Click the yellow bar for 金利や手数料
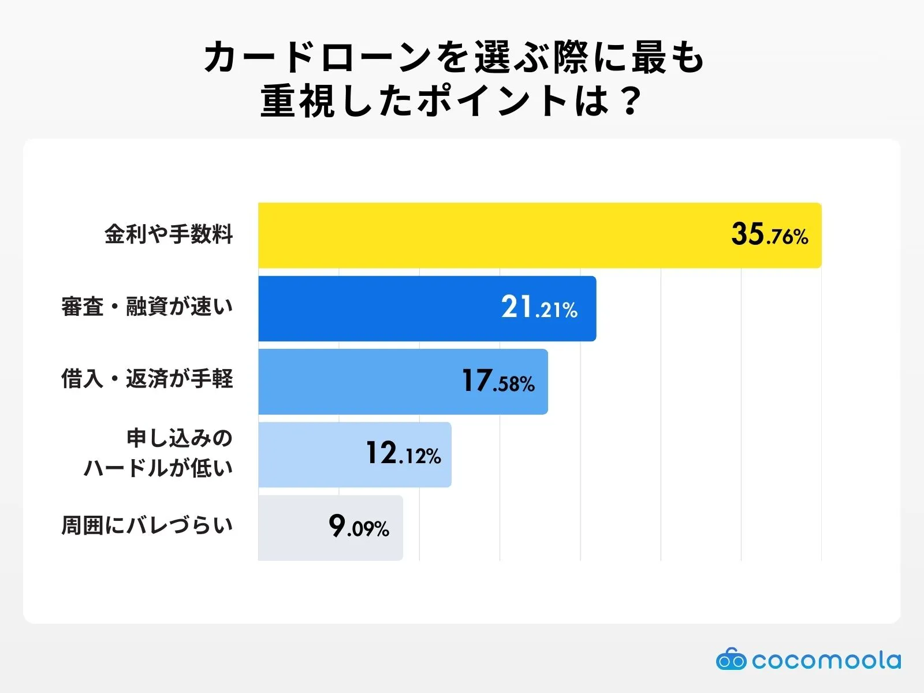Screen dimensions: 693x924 [x=491, y=235]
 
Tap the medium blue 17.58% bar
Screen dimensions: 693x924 [x=358, y=381]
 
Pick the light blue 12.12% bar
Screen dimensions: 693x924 [x=312, y=454]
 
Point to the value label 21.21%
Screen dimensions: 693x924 [x=539, y=308]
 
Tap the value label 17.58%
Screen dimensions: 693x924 [x=498, y=381]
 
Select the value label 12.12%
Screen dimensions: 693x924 [x=403, y=454]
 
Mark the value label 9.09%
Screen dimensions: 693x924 [x=359, y=527]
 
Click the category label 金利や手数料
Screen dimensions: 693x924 [x=169, y=234]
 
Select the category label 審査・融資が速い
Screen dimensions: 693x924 [x=147, y=307]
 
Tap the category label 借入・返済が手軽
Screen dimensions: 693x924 [x=147, y=379]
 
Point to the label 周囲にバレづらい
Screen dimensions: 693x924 [x=147, y=526]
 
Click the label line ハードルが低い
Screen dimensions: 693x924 [x=158, y=468]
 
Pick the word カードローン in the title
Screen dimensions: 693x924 [x=318, y=58]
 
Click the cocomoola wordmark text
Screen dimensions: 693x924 [x=826, y=660]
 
